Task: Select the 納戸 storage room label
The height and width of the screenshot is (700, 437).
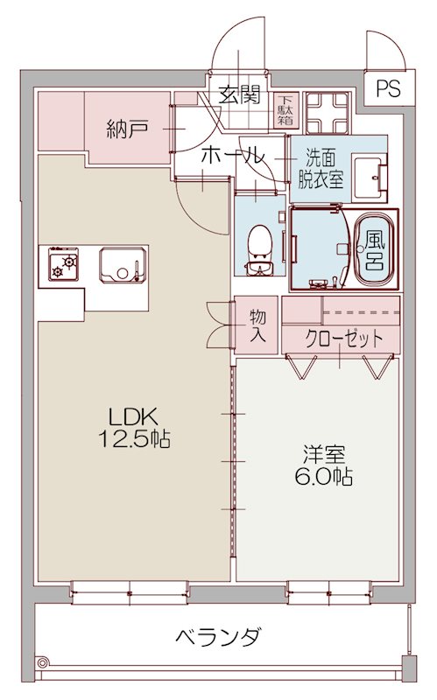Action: click(x=126, y=130)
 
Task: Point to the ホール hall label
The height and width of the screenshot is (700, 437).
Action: click(x=232, y=157)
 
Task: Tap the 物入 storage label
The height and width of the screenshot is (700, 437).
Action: click(x=257, y=325)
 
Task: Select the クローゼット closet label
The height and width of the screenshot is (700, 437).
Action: click(x=343, y=338)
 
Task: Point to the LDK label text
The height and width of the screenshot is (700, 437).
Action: click(x=132, y=416)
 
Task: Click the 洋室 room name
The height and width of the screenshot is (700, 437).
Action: click(x=324, y=455)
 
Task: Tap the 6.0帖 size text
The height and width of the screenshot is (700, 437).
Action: click(x=324, y=478)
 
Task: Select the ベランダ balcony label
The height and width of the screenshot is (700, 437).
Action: click(x=216, y=636)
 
